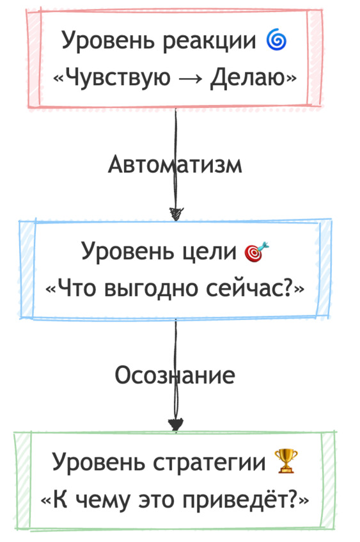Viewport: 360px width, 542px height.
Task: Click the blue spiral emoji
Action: click(x=276, y=40)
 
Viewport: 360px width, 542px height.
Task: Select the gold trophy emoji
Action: click(x=285, y=461)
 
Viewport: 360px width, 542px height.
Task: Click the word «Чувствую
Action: click(x=112, y=77)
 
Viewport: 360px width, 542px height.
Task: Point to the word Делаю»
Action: click(x=253, y=77)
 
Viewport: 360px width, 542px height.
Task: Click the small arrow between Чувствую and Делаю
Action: click(x=191, y=78)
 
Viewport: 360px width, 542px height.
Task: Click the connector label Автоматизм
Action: click(x=175, y=164)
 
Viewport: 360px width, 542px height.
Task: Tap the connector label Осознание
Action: click(x=175, y=375)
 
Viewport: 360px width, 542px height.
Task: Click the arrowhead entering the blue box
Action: click(x=176, y=214)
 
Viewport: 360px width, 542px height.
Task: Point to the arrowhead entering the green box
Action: click(x=176, y=424)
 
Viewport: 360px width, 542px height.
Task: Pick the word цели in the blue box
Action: click(x=209, y=251)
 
